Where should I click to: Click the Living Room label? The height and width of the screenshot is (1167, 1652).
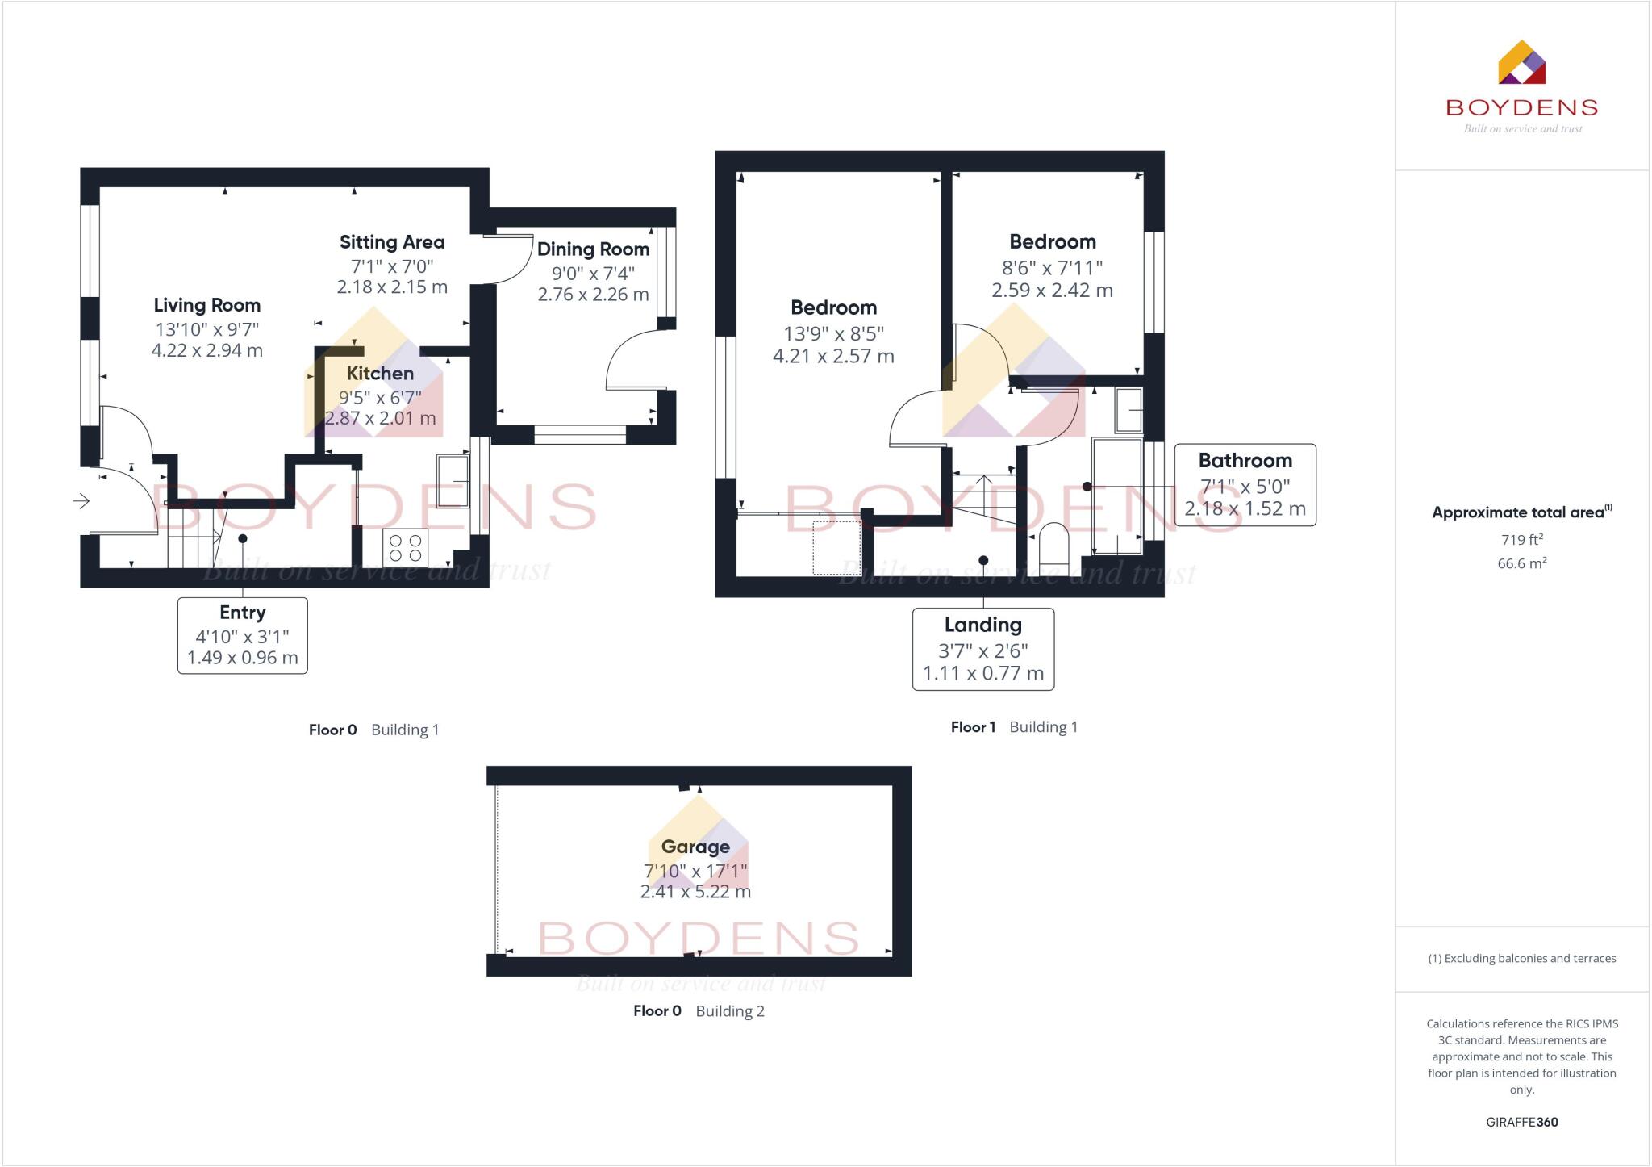[x=207, y=305]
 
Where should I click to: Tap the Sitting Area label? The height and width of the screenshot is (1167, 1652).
[x=392, y=242]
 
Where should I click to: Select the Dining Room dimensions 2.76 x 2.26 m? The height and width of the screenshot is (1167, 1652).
[x=593, y=295]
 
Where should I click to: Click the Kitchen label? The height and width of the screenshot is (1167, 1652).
[x=380, y=373]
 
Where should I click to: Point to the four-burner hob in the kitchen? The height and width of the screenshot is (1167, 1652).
[x=405, y=548]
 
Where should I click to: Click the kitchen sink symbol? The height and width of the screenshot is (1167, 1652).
[x=453, y=482]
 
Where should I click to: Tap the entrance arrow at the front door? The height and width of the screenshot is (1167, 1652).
[x=81, y=502]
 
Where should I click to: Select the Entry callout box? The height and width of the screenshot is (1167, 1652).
[x=242, y=635]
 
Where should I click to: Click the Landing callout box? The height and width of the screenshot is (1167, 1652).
[x=982, y=649]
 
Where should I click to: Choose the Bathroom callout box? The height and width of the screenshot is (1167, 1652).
[x=1245, y=484]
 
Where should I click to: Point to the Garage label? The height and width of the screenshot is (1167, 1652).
[x=695, y=847]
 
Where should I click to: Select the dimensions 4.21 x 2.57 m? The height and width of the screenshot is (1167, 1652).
[x=833, y=356]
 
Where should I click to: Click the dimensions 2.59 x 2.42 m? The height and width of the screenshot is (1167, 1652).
[x=1052, y=291]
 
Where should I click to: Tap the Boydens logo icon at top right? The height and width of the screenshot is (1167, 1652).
[x=1521, y=63]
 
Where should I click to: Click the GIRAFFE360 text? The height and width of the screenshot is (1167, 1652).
[x=1521, y=1122]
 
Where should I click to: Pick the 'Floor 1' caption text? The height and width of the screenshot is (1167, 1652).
[x=973, y=727]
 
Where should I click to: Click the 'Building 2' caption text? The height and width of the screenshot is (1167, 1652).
[x=730, y=1011]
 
